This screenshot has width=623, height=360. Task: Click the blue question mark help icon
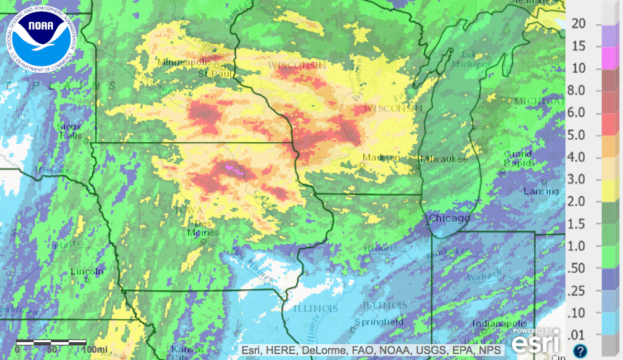pyautogui.click(x=580, y=351)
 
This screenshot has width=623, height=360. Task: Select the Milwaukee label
pyautogui.click(x=444, y=159)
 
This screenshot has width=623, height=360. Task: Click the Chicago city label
pyautogui.click(x=449, y=218)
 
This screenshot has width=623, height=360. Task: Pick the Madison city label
pyautogui.click(x=381, y=157)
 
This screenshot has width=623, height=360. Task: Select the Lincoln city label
pyautogui.click(x=87, y=271)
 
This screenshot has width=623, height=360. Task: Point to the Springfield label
pyautogui.click(x=378, y=321)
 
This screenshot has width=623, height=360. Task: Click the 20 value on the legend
pyautogui.click(x=579, y=23)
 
